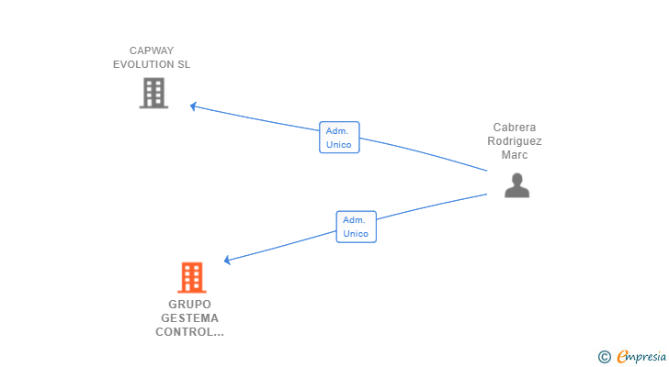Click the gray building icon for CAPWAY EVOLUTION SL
(153, 93)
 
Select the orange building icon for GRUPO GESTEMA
(192, 277)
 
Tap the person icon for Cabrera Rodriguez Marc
(516, 185)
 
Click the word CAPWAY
(152, 50)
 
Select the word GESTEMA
(189, 318)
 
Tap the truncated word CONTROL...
(189, 332)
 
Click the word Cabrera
(515, 128)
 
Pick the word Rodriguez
(515, 141)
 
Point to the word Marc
(515, 155)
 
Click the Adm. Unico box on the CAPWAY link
(339, 138)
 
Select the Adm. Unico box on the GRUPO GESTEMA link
(357, 227)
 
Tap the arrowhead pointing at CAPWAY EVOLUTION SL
(193, 106)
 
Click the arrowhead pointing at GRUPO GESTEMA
(227, 260)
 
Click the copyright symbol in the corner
(604, 357)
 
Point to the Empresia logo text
(641, 357)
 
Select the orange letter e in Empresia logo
(622, 356)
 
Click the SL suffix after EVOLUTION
(184, 64)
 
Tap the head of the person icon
(517, 179)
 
